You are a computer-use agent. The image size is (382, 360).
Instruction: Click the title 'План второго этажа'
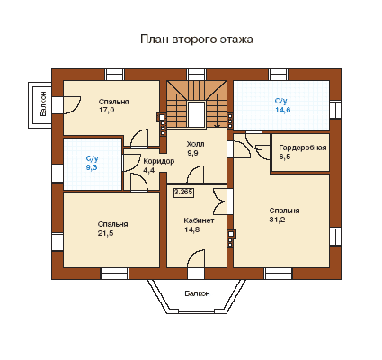(197, 40)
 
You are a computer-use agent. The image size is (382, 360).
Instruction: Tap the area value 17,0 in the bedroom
(106, 110)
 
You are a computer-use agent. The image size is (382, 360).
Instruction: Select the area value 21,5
(105, 233)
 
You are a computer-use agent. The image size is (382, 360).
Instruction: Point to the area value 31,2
(277, 220)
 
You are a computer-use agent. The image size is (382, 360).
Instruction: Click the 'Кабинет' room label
(199, 220)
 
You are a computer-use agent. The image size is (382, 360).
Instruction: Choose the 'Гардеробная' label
(303, 148)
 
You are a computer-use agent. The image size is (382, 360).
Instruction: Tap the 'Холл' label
(195, 144)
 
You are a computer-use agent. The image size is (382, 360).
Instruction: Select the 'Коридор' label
(158, 161)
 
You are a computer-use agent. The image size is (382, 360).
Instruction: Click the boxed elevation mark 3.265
(183, 193)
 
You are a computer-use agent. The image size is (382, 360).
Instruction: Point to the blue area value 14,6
(283, 110)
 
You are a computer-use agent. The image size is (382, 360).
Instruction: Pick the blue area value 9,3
(92, 167)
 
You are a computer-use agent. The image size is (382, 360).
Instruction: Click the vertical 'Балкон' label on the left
(43, 104)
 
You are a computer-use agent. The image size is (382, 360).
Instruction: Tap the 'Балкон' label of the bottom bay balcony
(197, 293)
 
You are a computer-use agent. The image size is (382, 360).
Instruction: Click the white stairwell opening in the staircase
(197, 114)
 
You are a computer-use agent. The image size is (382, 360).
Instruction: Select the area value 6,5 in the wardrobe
(285, 157)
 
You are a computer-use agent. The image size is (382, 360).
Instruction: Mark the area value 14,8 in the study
(192, 229)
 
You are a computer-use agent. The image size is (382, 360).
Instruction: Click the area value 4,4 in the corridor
(148, 170)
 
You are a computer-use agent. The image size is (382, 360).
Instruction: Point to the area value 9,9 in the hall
(193, 153)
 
